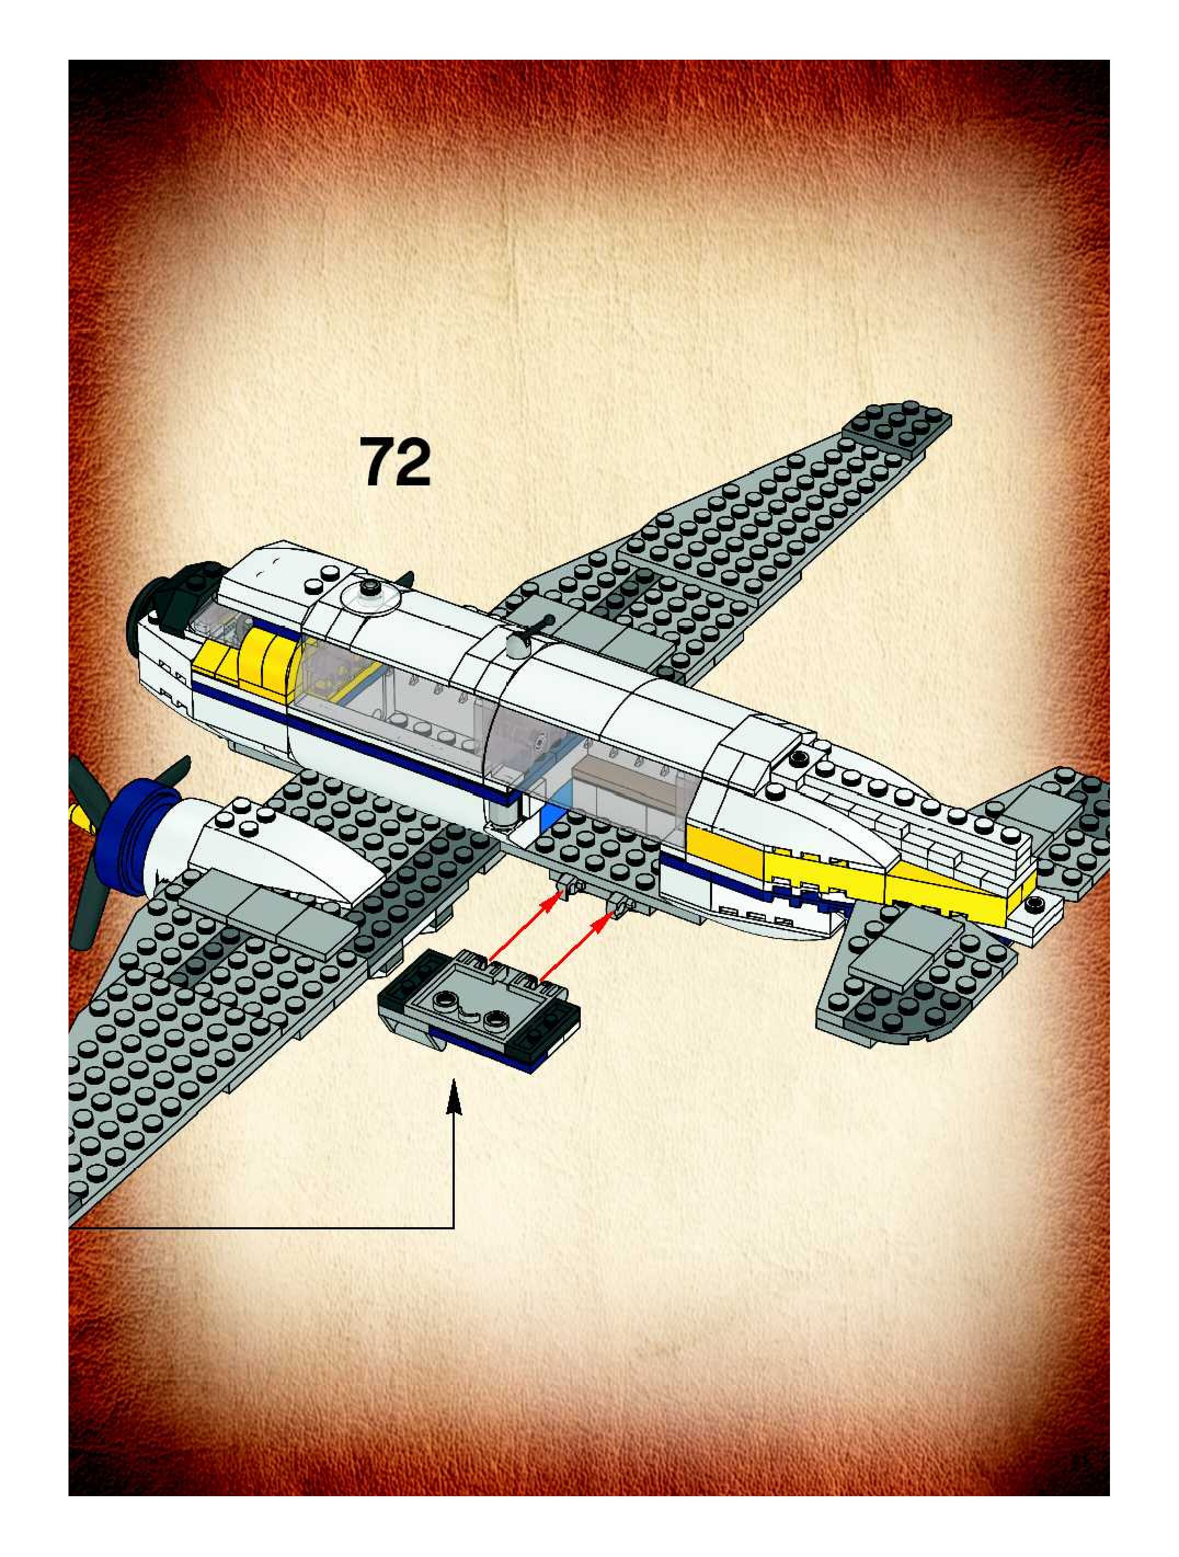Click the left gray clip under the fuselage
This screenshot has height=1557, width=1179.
(568, 888)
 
